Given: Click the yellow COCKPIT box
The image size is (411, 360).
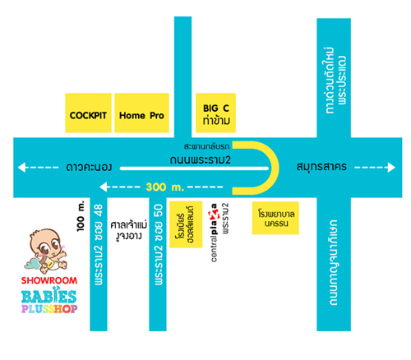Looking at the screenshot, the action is point(88,113).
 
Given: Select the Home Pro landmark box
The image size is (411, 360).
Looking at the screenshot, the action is point(141,113).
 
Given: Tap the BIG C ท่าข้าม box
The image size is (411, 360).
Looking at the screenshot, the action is point(215,113).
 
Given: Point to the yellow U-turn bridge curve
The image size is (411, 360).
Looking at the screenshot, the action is point(275,168).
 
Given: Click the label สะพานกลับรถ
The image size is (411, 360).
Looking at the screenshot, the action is point(206,146).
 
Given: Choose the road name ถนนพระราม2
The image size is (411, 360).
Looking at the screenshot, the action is point(201,159).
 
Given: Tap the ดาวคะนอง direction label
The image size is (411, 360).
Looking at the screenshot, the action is point(89,167).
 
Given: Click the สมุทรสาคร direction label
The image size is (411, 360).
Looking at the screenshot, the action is point(321,167).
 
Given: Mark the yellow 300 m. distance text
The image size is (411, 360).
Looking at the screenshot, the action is point(165,187).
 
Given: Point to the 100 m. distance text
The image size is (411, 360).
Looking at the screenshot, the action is point(81,216).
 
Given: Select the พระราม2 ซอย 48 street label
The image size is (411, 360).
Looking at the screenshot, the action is point(99,244).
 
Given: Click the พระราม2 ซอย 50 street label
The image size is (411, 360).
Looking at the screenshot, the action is point(159,244).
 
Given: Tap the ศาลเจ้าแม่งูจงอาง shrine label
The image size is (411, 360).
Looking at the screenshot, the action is point(129,230).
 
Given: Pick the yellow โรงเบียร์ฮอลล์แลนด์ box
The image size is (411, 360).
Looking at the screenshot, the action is point(186,224).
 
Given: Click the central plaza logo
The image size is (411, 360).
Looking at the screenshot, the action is point(214,233).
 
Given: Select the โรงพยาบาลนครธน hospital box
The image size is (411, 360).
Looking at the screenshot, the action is point(275,218).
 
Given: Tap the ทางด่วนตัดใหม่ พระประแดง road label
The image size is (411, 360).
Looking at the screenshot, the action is point(334,80).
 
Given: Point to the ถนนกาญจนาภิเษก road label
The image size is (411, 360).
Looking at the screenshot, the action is point(333,262).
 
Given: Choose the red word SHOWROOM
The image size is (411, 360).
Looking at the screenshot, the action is point(49,280).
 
